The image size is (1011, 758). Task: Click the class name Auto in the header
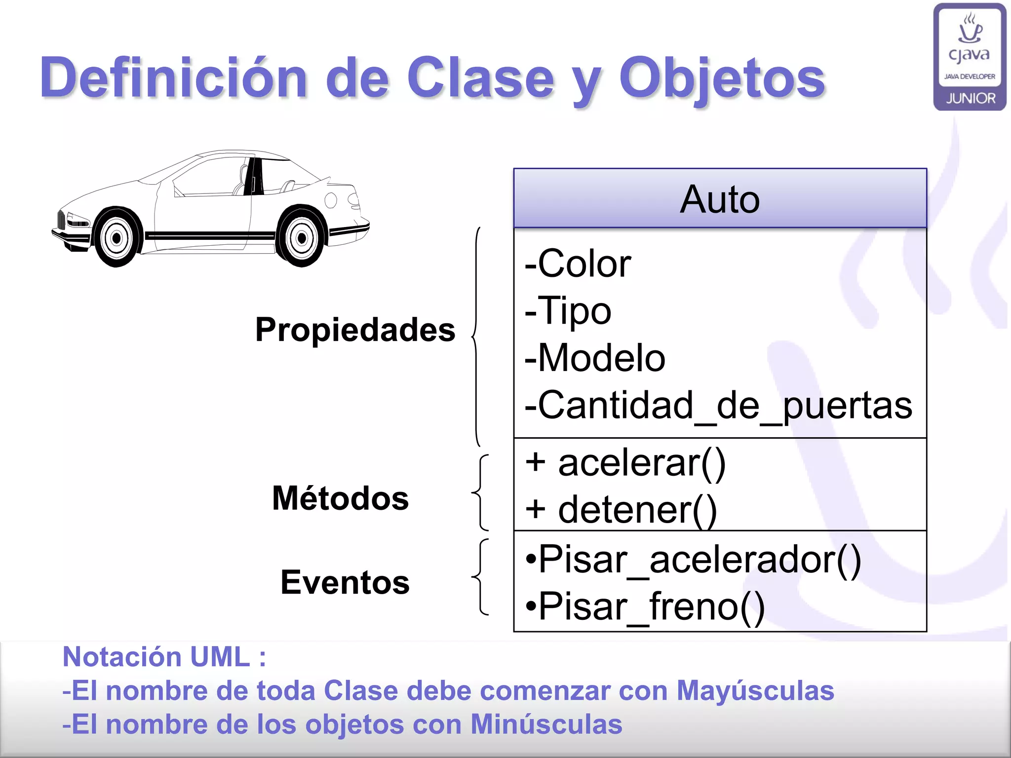tap(720, 199)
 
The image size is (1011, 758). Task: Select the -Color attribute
tap(578, 264)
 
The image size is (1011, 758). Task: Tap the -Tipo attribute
tap(568, 311)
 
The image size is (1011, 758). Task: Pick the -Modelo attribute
tap(595, 358)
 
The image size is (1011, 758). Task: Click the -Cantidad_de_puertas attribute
tap(719, 405)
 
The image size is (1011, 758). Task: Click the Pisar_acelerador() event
tap(694, 560)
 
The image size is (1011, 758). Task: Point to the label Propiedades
tap(355, 330)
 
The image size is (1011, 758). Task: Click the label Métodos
tap(341, 498)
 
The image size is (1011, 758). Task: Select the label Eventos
tap(345, 582)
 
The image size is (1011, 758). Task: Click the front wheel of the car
tap(117, 238)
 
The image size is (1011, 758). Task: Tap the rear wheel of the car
tap(302, 238)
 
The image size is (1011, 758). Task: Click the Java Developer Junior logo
tap(970, 57)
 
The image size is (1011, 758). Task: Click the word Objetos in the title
tap(722, 78)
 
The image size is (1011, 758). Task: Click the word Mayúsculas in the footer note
tap(755, 690)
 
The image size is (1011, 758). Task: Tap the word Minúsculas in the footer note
tap(546, 724)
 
